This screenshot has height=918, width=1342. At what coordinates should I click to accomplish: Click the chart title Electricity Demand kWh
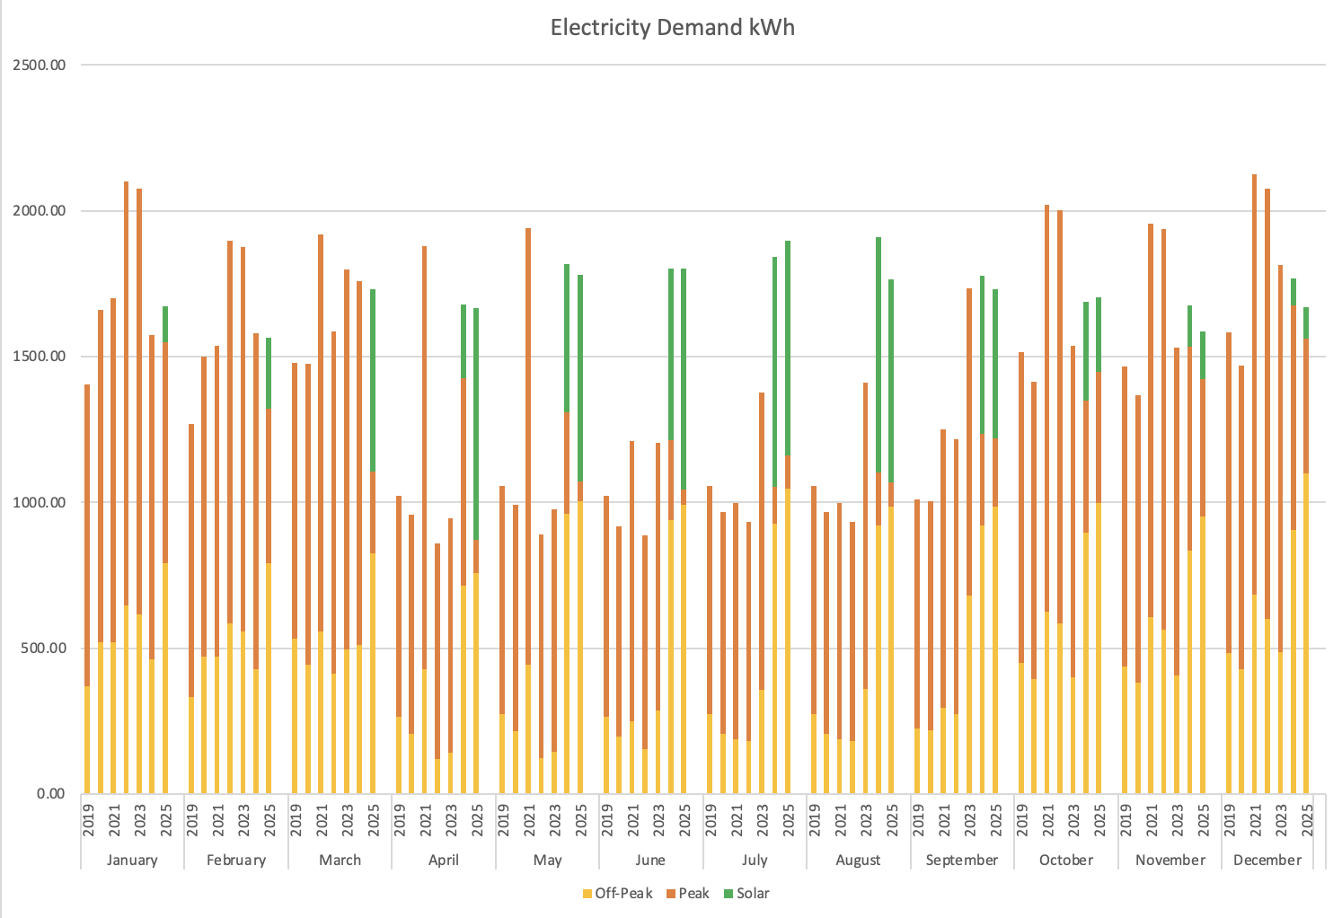(x=672, y=28)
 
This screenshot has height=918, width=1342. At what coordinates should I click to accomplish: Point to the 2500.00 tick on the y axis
(x=40, y=66)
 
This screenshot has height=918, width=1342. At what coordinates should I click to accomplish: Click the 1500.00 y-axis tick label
(x=40, y=357)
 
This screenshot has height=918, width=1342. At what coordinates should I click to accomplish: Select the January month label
(x=132, y=860)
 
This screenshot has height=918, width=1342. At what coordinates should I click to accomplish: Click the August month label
(x=858, y=860)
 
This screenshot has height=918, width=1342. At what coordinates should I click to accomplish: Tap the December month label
(x=1267, y=860)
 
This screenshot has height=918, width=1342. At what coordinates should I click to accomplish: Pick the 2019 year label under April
(x=400, y=818)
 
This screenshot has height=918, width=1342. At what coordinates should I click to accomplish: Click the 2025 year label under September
(x=995, y=818)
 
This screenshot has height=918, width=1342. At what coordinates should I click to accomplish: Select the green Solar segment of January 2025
(x=165, y=324)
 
